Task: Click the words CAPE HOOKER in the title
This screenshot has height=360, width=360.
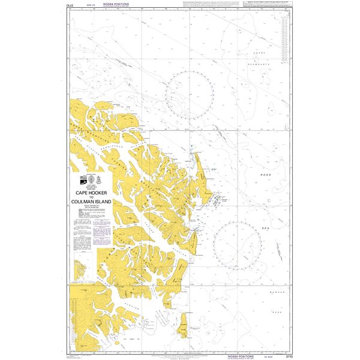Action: point(90,193)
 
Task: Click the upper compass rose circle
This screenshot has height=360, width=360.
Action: point(191,92)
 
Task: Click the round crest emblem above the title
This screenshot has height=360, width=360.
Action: point(92,181)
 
